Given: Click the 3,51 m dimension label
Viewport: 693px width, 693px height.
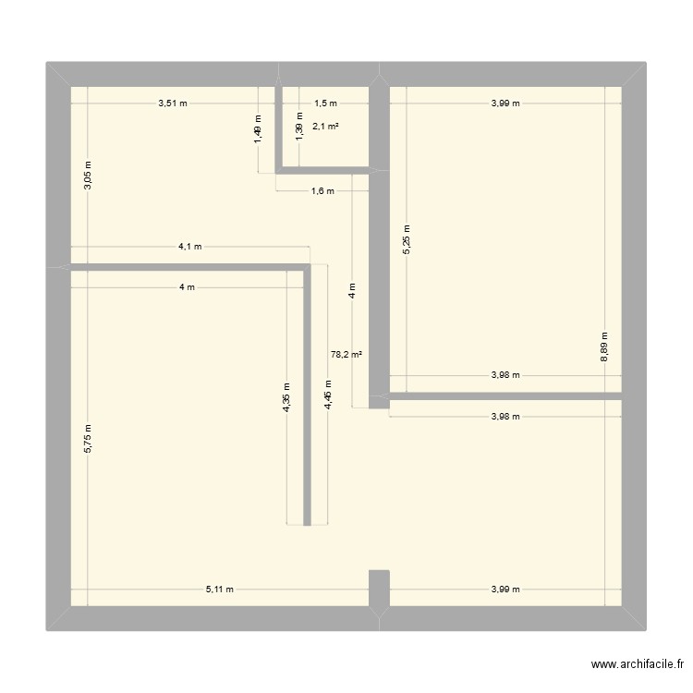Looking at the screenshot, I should tap(173, 103).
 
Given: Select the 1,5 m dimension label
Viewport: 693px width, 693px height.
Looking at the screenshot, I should tap(325, 103).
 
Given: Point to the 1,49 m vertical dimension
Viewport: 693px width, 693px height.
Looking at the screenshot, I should tap(259, 128).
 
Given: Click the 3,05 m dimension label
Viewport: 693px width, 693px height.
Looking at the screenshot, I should tap(89, 176).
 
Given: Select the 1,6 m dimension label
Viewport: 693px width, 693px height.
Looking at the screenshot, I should tap(322, 192).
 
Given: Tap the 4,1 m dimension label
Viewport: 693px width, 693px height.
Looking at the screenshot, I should tap(190, 247).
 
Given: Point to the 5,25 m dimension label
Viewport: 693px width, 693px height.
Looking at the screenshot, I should tap(407, 239).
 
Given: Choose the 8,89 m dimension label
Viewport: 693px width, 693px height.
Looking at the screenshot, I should tap(605, 347).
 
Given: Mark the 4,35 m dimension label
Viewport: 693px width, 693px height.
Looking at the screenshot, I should tap(287, 398).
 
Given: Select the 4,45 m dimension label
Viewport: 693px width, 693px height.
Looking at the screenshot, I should tap(328, 395).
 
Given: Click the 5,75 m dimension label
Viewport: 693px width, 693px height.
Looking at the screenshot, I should tap(89, 438).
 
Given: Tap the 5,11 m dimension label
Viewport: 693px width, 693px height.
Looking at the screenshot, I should tap(220, 589).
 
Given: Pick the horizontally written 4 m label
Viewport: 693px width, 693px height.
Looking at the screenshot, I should tap(188, 287).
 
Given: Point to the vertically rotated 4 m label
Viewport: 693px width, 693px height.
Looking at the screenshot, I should tap(352, 291).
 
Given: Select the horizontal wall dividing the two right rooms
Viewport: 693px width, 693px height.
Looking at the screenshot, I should tap(505, 396).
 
